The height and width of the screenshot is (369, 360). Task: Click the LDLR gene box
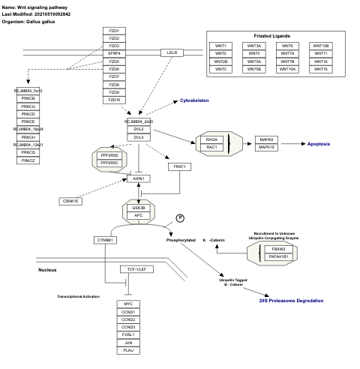click(x=172, y=52)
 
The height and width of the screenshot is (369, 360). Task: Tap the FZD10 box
click(x=114, y=100)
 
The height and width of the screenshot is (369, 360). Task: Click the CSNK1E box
click(x=70, y=201)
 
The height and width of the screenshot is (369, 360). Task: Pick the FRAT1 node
click(x=178, y=166)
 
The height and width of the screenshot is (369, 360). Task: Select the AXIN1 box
click(x=138, y=178)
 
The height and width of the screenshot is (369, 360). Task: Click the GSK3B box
click(x=138, y=208)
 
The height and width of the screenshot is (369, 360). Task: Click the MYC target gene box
click(x=128, y=304)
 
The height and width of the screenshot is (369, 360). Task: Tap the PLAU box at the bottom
click(x=128, y=349)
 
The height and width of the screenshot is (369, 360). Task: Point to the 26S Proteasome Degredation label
click(x=292, y=301)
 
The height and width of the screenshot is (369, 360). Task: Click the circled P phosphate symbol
click(x=180, y=217)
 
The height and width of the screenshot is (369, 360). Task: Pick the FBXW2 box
click(x=278, y=247)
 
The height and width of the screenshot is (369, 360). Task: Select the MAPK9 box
click(x=266, y=139)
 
